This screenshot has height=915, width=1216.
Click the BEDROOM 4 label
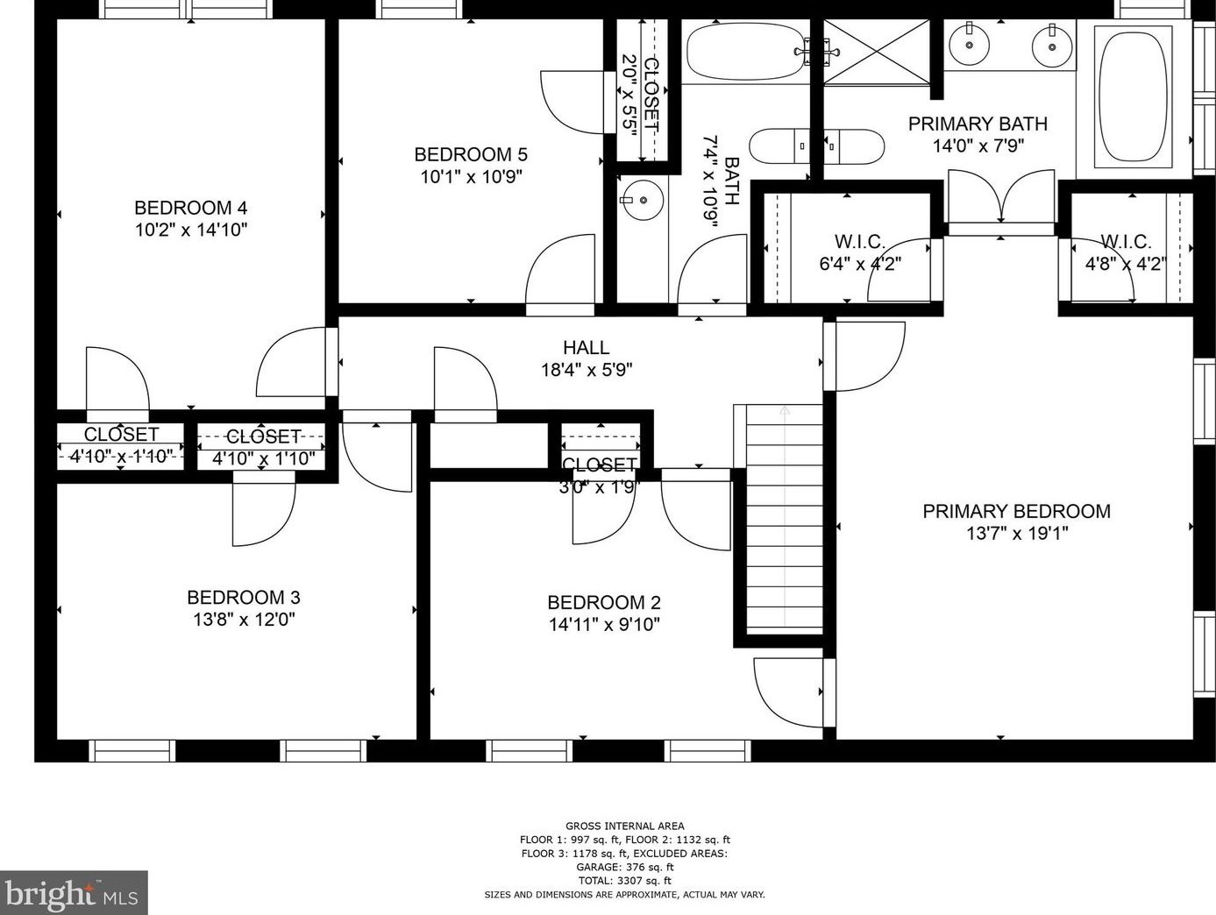(x=190, y=208)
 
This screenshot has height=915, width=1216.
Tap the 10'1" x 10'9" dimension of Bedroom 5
(x=471, y=176)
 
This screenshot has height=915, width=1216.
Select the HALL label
(x=587, y=347)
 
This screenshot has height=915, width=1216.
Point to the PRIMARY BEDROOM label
(x=1017, y=510)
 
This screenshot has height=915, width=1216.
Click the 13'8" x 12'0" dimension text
(x=244, y=619)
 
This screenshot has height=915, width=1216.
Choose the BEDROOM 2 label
(x=604, y=602)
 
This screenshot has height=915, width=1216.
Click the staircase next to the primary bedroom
(x=784, y=520)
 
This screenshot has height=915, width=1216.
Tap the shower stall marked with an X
(x=876, y=52)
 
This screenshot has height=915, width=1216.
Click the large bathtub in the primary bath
(x=1134, y=97)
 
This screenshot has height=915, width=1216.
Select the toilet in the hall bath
(x=779, y=146)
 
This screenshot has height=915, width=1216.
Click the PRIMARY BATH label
(x=978, y=124)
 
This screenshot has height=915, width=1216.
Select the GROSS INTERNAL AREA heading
(x=625, y=826)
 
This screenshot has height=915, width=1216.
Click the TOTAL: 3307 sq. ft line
(x=625, y=880)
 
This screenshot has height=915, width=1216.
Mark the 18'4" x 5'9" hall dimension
(x=587, y=369)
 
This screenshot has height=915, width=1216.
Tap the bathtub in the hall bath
(x=745, y=51)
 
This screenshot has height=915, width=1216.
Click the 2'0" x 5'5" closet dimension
(x=629, y=92)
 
